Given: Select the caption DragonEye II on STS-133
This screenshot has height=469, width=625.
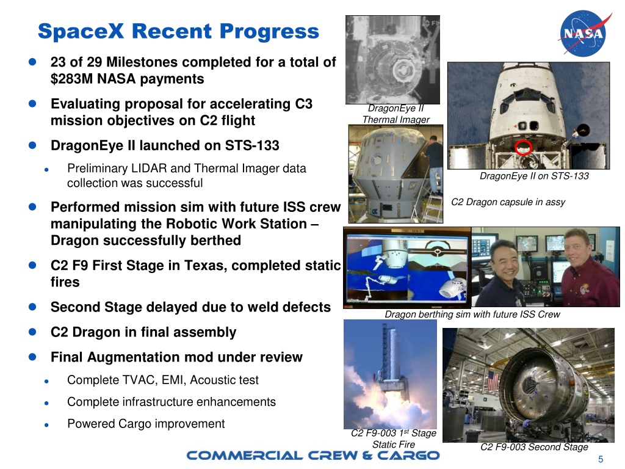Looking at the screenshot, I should click(534, 176).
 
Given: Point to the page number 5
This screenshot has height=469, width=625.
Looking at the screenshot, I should click(601, 460).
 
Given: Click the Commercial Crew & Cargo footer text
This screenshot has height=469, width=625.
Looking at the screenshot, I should click(312, 455).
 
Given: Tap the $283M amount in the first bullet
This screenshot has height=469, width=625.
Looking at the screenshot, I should click(71, 79).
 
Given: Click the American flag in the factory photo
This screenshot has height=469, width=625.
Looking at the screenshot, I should click(493, 380).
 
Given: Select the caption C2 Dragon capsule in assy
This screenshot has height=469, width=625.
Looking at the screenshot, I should click(508, 202).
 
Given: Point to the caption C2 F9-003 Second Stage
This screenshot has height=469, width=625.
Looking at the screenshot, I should click(534, 447).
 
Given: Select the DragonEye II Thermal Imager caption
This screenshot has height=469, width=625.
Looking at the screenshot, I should click(396, 114).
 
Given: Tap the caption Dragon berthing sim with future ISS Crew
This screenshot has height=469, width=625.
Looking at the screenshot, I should click(472, 314).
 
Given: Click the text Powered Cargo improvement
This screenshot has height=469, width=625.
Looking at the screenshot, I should click(146, 424).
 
